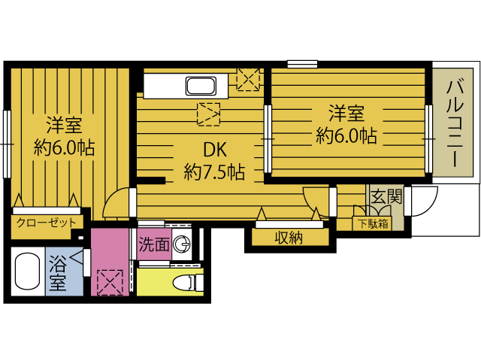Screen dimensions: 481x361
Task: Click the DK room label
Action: point(215,150)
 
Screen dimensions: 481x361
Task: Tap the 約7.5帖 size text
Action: point(214,172)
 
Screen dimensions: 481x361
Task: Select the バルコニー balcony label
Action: point(455,123)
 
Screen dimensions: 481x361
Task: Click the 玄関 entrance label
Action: point(386,196)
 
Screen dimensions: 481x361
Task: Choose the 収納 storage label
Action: point(289,238)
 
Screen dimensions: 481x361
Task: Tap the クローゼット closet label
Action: point(47,223)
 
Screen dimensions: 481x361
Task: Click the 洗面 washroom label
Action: point(154,244)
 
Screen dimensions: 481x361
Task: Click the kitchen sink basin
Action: point(201,86)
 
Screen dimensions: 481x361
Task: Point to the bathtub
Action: point(27,271)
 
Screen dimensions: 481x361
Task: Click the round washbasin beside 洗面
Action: point(182,244)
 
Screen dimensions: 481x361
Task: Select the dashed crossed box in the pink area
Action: point(110,283)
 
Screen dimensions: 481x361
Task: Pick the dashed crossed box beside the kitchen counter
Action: point(248,79)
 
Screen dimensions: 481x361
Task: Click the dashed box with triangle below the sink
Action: point(209,114)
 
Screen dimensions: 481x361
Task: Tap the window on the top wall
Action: point(302,64)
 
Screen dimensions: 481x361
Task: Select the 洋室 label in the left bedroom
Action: point(64,125)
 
